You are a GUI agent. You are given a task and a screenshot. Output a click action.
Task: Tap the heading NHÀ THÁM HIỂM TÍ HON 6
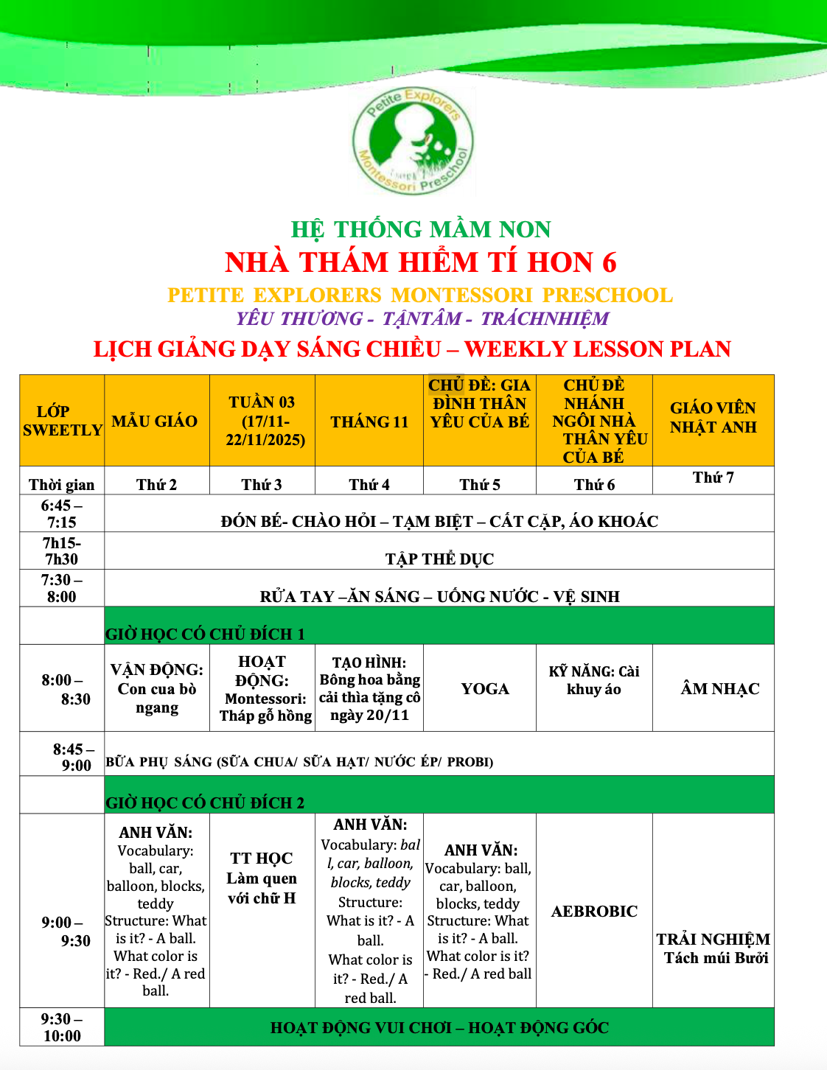click(x=420, y=263)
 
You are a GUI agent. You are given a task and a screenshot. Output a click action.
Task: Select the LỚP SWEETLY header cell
click(x=62, y=421)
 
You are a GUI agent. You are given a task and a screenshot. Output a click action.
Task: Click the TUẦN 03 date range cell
click(x=262, y=421)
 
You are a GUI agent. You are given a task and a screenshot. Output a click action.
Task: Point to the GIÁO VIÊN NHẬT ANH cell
click(x=713, y=418)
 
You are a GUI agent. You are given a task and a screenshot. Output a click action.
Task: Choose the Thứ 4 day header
click(x=369, y=484)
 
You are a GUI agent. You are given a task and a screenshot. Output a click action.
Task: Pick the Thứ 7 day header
click(x=713, y=478)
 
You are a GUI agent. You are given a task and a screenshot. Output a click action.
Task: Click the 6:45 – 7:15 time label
click(x=62, y=514)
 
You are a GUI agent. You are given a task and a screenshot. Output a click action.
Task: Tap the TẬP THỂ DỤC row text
click(x=439, y=559)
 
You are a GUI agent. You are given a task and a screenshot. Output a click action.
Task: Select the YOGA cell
click(x=485, y=689)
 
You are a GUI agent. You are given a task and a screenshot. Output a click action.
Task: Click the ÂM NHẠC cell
click(x=719, y=689)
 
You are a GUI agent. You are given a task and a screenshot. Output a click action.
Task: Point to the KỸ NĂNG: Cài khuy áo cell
click(x=594, y=680)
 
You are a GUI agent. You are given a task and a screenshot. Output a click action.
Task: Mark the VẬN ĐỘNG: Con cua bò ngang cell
click(x=157, y=688)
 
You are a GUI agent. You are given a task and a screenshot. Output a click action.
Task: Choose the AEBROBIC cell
click(x=594, y=912)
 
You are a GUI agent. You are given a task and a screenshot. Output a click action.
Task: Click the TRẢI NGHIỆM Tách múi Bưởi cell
click(x=713, y=948)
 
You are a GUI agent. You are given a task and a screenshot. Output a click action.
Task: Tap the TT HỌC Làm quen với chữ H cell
click(x=262, y=878)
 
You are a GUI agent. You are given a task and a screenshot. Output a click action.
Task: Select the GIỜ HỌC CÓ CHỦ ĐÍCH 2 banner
click(x=205, y=802)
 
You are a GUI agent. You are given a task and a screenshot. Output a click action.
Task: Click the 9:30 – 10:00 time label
click(x=62, y=1027)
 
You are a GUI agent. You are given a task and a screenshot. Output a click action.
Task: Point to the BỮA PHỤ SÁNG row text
click(x=299, y=761)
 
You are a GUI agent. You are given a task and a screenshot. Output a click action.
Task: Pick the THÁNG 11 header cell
click(x=369, y=422)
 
